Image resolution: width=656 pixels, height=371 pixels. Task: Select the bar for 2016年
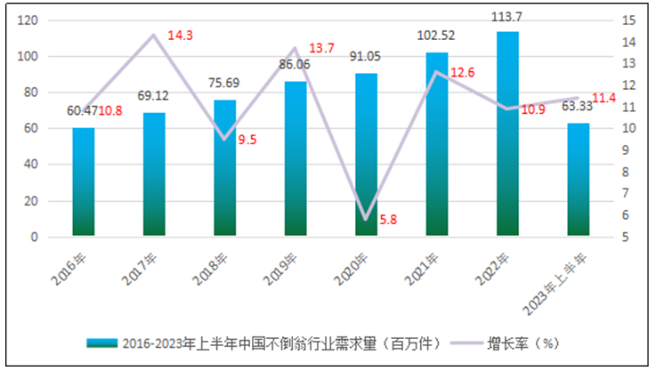tap(84, 182)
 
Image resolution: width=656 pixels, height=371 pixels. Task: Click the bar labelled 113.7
tap(507, 133)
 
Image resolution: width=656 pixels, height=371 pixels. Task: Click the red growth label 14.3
tap(181, 36)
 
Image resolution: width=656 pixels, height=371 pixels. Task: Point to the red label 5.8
tap(388, 218)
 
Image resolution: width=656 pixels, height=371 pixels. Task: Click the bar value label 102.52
tap(436, 36)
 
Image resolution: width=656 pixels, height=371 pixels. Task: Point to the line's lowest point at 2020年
tap(366, 218)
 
